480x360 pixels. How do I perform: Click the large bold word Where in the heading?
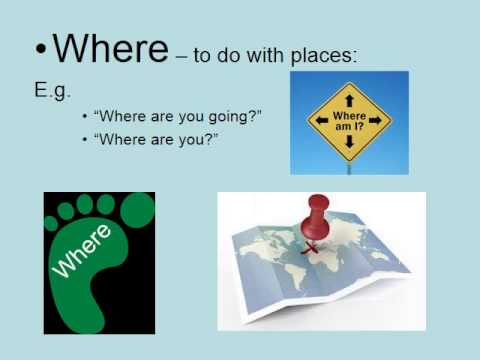[x=110, y=48]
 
